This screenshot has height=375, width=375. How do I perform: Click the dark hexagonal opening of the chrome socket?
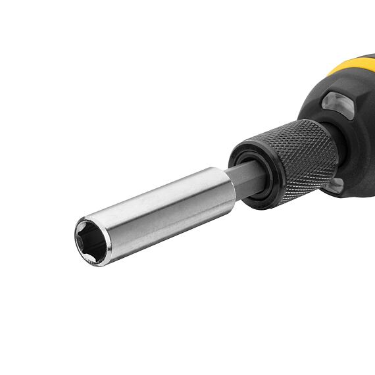(x=93, y=241)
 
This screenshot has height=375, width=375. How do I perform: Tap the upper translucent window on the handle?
(x=337, y=104)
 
